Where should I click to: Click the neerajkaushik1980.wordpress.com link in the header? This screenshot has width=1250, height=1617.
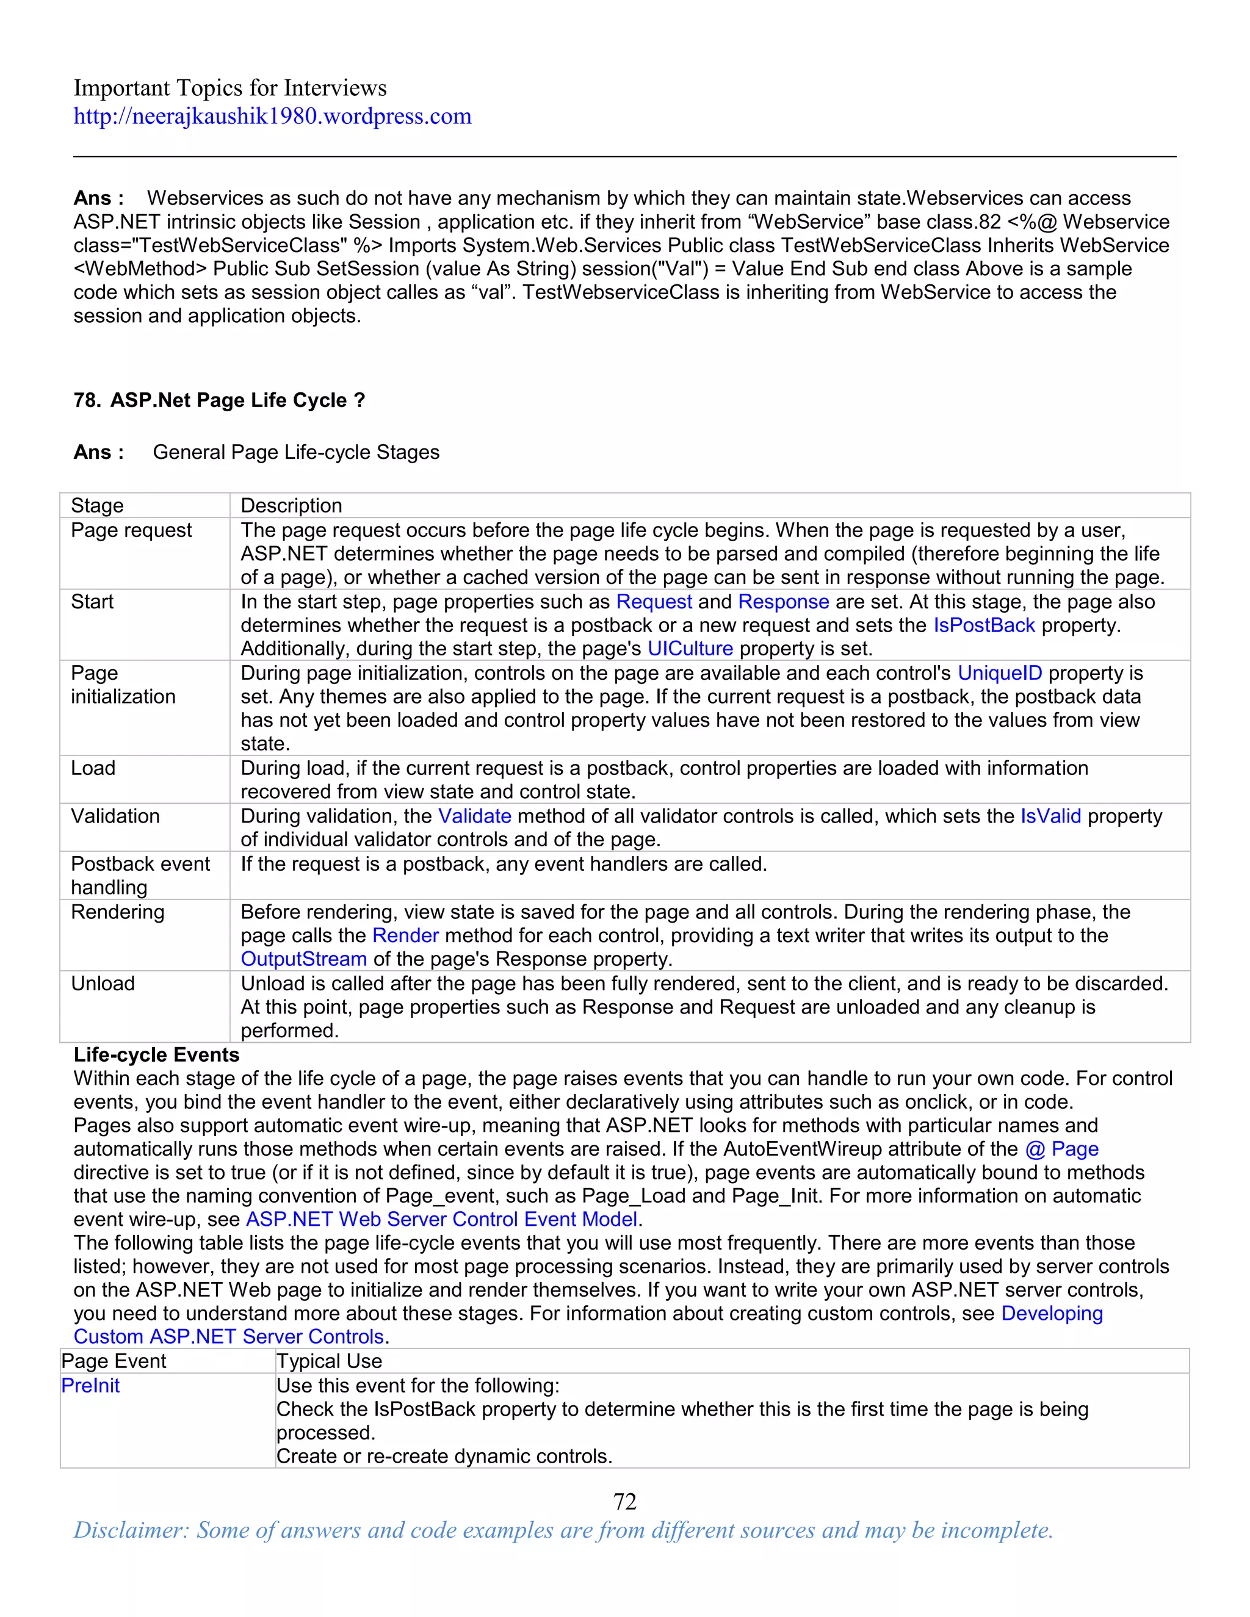point(272,116)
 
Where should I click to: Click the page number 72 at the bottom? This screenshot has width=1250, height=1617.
point(624,1501)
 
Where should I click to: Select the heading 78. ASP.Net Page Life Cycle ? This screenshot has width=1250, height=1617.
point(219,400)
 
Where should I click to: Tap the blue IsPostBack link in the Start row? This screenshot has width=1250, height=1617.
point(983,625)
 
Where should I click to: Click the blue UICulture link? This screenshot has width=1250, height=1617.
point(690,649)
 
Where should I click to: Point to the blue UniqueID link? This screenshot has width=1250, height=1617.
point(1000,673)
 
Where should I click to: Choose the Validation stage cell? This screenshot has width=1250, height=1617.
point(115,816)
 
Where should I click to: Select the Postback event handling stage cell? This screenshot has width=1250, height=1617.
point(140,875)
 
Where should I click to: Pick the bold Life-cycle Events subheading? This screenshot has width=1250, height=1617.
point(156,1054)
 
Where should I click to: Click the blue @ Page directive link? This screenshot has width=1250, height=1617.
point(1062,1149)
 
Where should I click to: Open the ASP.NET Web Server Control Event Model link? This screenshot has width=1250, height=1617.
point(441,1219)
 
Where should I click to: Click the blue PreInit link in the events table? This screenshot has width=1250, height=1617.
point(90,1385)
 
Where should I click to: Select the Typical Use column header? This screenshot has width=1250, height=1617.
point(329,1361)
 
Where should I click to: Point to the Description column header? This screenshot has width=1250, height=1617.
point(291,505)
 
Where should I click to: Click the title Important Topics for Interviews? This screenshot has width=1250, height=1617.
point(229,88)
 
